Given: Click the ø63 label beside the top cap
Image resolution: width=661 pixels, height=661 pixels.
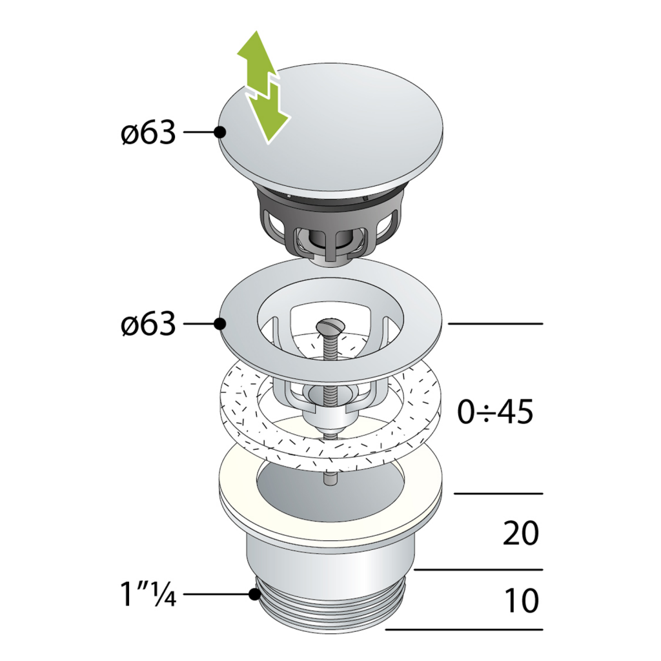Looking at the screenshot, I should tap(148, 133).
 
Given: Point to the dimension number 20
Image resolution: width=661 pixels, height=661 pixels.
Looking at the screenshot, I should tap(520, 534).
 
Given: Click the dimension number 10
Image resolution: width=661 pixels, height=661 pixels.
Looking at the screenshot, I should tap(520, 601).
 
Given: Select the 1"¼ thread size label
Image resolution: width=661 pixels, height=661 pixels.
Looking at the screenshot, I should tap(147, 594).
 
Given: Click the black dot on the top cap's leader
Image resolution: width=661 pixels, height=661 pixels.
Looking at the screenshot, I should tap(219, 132).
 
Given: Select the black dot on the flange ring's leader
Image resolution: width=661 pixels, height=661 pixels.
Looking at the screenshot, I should tap(219, 323).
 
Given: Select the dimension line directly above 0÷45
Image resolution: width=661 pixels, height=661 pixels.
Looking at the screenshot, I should tap(494, 323).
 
